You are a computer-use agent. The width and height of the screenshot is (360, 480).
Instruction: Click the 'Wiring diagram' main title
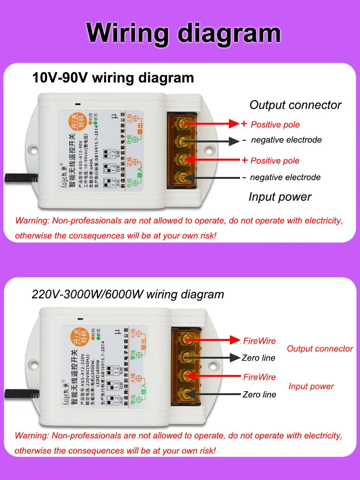[183, 33]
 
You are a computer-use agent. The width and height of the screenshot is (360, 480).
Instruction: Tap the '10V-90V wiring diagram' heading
[113, 78]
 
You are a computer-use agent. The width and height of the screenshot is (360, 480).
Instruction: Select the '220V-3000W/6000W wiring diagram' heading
[128, 294]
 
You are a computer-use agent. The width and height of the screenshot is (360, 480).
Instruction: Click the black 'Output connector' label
[295, 105]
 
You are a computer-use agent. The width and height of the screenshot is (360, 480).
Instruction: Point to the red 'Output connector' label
[320, 349]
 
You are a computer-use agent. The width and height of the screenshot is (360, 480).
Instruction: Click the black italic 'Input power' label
[280, 197]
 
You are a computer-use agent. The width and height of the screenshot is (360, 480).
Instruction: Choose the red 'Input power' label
[311, 386]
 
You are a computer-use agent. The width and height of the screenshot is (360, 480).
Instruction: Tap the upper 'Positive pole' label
[275, 125]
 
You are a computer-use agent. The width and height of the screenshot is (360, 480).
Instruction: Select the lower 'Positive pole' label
[275, 161]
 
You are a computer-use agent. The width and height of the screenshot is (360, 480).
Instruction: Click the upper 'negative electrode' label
[286, 140]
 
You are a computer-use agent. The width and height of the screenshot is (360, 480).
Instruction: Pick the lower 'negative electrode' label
[285, 177]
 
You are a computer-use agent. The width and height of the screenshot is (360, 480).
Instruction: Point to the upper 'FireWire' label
[259, 341]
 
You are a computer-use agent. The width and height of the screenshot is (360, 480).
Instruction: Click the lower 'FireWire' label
[259, 377]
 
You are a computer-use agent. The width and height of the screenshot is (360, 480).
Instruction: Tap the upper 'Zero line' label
[259, 358]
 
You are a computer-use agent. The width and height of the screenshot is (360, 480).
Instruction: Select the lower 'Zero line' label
[259, 395]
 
